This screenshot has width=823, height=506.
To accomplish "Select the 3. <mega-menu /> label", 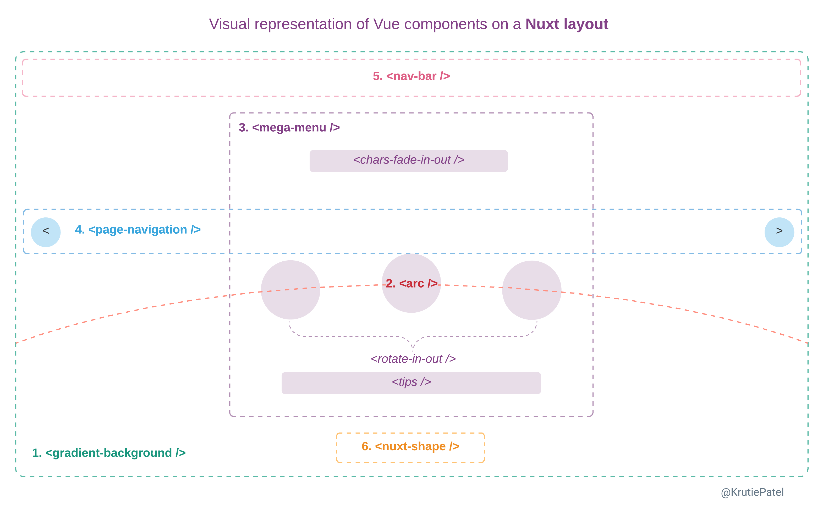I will pyautogui.click(x=289, y=127).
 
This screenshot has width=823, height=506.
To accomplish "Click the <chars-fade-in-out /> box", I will pyautogui.click(x=408, y=161).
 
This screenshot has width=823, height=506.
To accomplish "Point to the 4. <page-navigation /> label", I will pyautogui.click(x=138, y=229).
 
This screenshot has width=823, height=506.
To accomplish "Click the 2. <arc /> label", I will pyautogui.click(x=411, y=283).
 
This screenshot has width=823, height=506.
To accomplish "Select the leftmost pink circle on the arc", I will pyautogui.click(x=290, y=290).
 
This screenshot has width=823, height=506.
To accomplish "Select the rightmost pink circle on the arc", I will pyautogui.click(x=531, y=290).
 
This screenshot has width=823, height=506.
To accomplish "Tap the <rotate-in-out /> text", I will pyautogui.click(x=413, y=359).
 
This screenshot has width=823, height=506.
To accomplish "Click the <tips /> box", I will pyautogui.click(x=411, y=383).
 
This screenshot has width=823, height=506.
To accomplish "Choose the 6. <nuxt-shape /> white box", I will pyautogui.click(x=410, y=447).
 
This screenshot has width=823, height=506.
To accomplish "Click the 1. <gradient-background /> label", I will pyautogui.click(x=108, y=453).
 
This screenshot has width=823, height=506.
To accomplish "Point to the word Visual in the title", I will pyautogui.click(x=229, y=24).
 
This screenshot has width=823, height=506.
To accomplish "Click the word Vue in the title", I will pyautogui.click(x=386, y=24).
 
